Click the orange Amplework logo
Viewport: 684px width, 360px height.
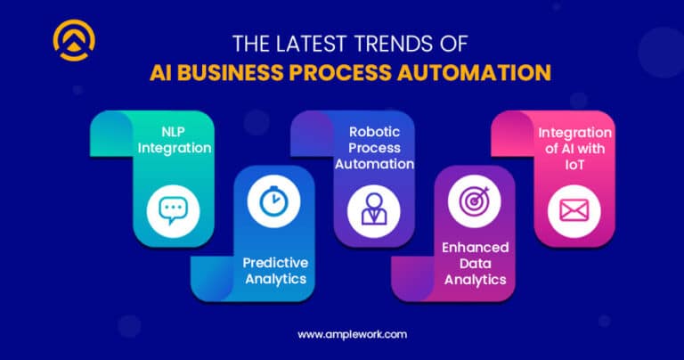coord(74,40)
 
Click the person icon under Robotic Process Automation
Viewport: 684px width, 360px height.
coord(369,209)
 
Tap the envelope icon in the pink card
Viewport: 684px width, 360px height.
coord(571,210)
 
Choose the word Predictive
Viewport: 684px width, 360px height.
coord(276,263)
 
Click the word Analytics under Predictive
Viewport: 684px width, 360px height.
coord(276,279)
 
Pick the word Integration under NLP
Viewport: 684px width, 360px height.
coord(175,148)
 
